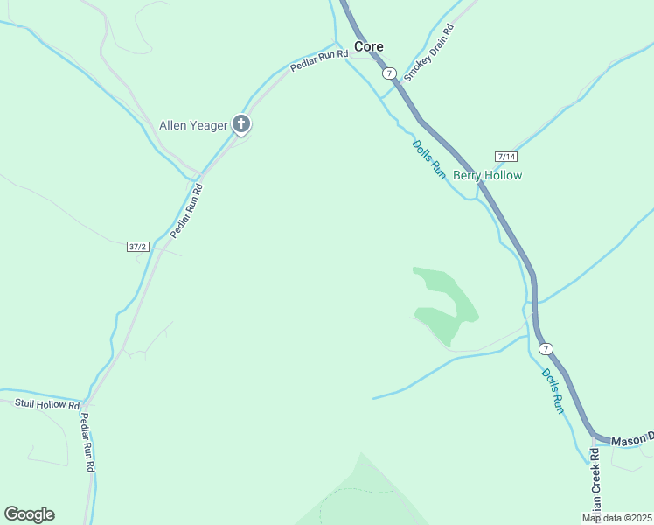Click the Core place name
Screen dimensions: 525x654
coord(368,46)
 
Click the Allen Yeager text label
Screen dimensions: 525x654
coord(193,125)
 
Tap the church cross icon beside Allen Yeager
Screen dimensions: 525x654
coord(241,124)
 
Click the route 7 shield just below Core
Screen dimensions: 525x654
coord(389,73)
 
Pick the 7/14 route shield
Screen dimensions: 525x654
coord(505,157)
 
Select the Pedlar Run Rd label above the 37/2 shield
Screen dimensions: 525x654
coord(186,210)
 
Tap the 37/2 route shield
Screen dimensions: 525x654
coord(137,247)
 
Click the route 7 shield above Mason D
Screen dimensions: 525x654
coord(546,348)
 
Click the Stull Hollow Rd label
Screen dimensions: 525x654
coord(47,404)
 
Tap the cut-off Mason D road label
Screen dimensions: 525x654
coord(631,438)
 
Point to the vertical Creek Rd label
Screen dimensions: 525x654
coord(595,482)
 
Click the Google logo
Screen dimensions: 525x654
coord(29,514)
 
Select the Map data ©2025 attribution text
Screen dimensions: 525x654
coord(616,518)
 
